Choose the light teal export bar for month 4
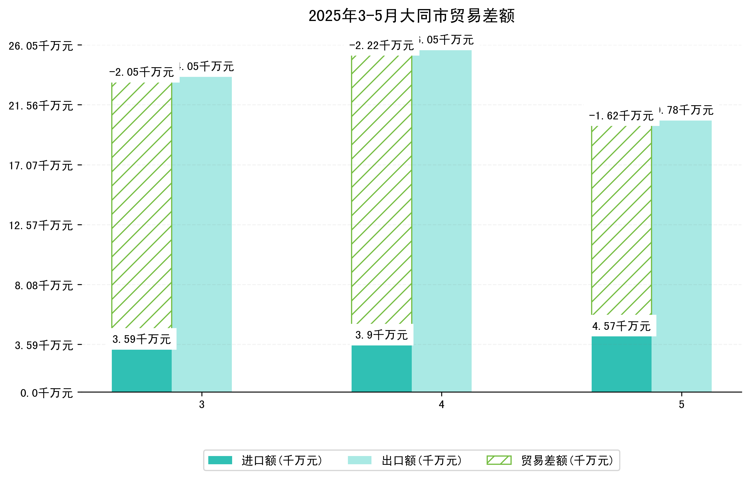coord(441,221)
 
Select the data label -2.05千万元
coord(141,72)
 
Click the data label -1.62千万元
coord(621,116)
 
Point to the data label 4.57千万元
coord(621,326)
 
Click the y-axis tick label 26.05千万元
coord(41,46)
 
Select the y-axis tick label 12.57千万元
coord(41,225)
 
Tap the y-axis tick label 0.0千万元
coord(47,393)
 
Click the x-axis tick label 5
coord(682,405)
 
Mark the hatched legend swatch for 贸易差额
coord(499,460)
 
